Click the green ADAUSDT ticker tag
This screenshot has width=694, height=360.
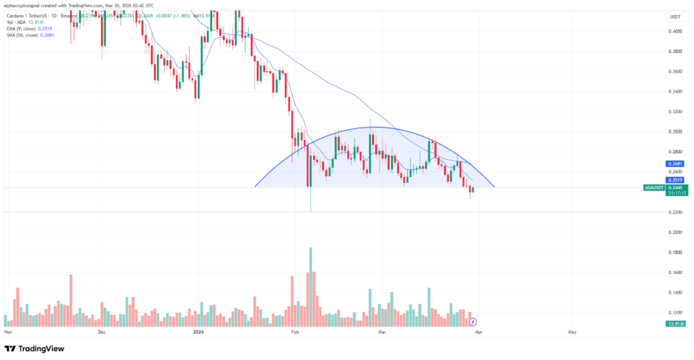pyautogui.click(x=655, y=188)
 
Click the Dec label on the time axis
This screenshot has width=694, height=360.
pyautogui.click(x=102, y=333)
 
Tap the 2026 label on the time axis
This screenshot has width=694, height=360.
pyautogui.click(x=198, y=333)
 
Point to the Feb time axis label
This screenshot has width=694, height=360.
pyautogui.click(x=294, y=333)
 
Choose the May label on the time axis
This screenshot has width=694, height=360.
pyautogui.click(x=571, y=333)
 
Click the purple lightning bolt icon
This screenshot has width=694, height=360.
pyautogui.click(x=474, y=321)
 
